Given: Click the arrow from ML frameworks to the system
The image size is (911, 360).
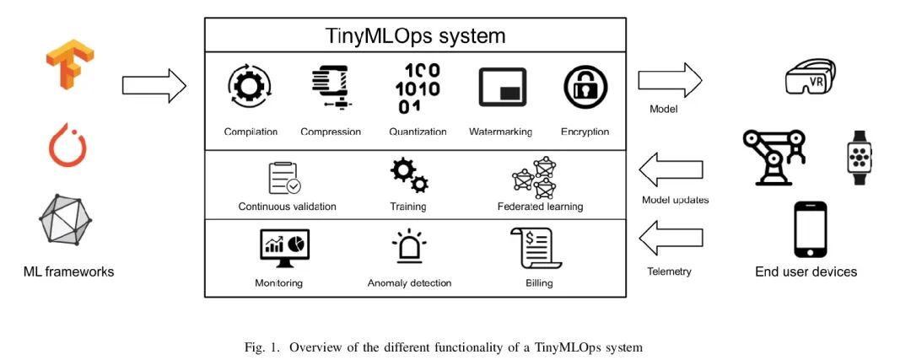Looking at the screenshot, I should click(154, 85).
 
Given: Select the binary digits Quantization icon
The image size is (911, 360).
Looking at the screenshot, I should click(417, 89).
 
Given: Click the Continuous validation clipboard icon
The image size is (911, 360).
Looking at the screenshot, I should click(285, 178).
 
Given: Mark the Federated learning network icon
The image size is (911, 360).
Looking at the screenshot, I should click(536, 177).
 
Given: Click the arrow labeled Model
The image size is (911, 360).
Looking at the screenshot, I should click(670, 82).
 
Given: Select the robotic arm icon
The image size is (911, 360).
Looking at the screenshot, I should click(774, 155).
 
